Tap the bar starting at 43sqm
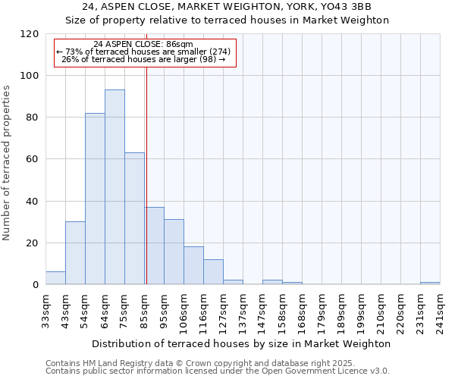[x=75, y=253]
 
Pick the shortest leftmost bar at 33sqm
[x=55, y=278]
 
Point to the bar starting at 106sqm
[x=193, y=266]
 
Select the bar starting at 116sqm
[x=213, y=272]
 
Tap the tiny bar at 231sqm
[x=430, y=283]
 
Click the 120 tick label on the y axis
[x=30, y=34]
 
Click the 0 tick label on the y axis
[x=35, y=285]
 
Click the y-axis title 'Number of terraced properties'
[x=7, y=163]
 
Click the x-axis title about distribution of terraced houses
[x=243, y=343]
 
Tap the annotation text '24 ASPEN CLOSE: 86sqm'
[x=143, y=44]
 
